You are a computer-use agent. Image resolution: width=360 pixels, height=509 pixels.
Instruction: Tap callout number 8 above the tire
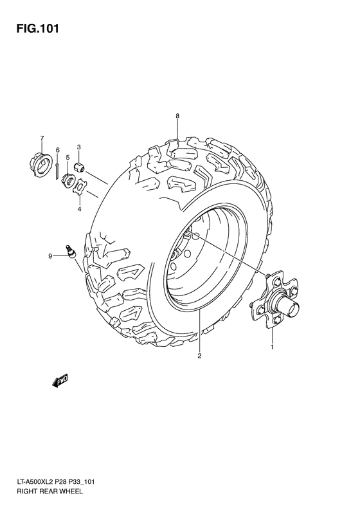click(x=177, y=116)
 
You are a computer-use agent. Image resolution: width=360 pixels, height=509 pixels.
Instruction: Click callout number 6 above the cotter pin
click(x=57, y=150)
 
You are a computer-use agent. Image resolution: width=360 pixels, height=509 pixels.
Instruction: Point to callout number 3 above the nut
click(x=79, y=147)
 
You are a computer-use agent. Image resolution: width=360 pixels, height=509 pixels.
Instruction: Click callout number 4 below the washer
click(x=79, y=208)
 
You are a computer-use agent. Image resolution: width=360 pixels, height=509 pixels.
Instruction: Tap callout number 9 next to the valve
click(x=49, y=257)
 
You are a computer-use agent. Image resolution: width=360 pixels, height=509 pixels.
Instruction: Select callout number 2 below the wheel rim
click(x=199, y=356)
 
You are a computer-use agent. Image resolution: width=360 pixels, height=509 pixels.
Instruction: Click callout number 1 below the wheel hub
click(x=271, y=347)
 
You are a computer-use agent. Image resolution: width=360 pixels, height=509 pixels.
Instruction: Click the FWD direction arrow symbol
click(x=60, y=382)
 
